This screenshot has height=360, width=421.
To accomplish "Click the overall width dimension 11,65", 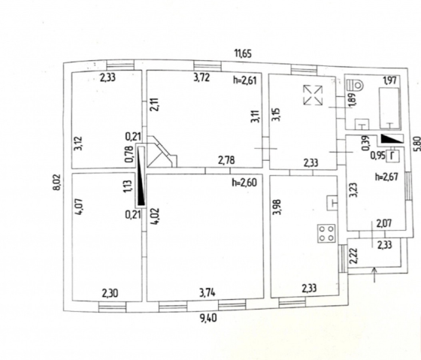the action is [244, 53].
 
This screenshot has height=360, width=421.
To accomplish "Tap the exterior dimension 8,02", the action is [57, 183].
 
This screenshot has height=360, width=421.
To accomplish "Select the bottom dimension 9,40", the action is [208, 319].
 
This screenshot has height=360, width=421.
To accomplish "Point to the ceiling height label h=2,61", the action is [244, 80].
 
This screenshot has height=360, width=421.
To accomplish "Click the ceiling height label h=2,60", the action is [244, 183].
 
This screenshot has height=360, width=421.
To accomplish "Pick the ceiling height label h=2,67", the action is [386, 177].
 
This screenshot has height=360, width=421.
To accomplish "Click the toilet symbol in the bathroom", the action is [355, 86].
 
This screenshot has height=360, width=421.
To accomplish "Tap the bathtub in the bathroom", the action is [389, 108].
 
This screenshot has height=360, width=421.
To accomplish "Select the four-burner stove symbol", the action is [326, 234].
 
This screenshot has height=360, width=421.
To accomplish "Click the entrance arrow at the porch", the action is [375, 274].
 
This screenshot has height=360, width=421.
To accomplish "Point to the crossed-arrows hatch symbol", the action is [313, 95].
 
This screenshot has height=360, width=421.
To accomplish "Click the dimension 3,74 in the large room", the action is [207, 292].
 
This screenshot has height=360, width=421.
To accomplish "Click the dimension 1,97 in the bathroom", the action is [390, 80].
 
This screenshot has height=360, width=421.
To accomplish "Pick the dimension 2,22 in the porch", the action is [354, 256].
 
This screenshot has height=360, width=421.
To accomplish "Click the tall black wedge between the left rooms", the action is [141, 177].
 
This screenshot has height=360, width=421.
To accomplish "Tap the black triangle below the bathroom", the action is [392, 138].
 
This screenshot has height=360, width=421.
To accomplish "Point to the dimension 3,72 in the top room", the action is [201, 78].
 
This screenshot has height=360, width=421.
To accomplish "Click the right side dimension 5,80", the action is [417, 144].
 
